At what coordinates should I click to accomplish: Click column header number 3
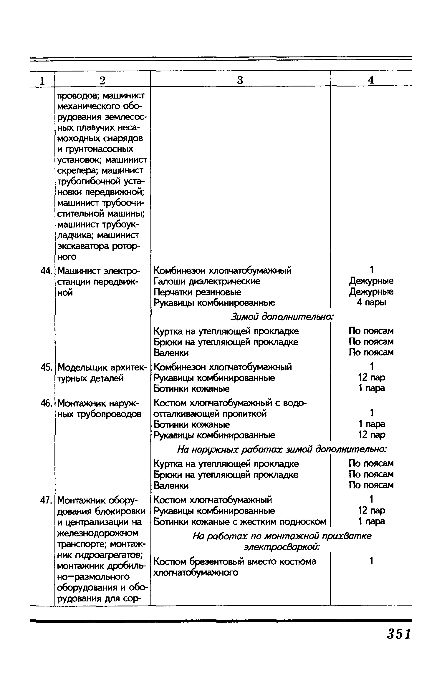click(240, 80)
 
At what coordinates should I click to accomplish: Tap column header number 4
click(371, 80)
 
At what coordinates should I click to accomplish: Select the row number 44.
click(46, 270)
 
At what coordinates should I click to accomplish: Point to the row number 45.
click(46, 367)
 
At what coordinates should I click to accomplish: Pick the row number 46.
click(46, 403)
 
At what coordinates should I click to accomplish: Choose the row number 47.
click(46, 500)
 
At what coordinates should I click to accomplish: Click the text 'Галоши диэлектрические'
click(207, 281)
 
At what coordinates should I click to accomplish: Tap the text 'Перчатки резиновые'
click(197, 292)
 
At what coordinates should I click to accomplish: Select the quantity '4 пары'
click(371, 302)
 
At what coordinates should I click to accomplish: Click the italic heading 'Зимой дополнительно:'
click(282, 317)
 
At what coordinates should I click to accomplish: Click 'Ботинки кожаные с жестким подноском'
click(240, 522)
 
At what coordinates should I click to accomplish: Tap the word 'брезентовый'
click(216, 562)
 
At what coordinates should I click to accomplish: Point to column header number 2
click(102, 80)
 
